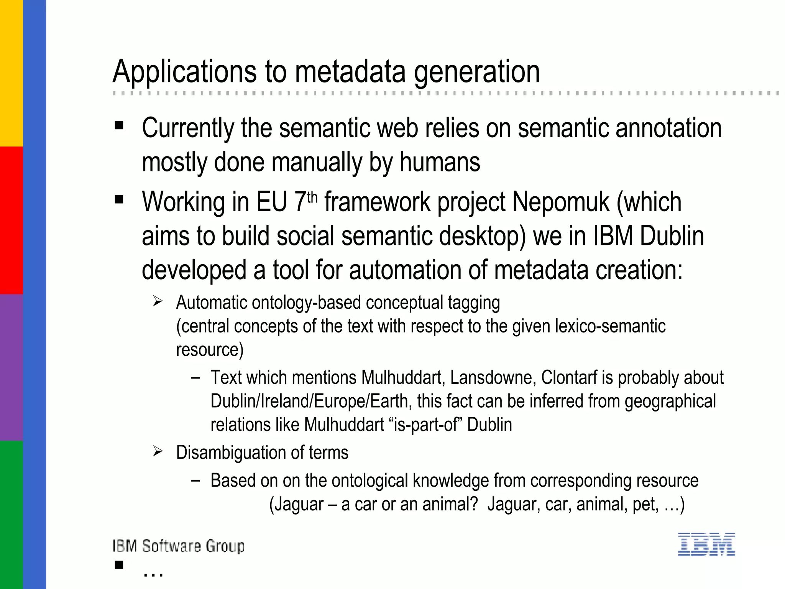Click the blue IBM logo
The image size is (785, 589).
(706, 544)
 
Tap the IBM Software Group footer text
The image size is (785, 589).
(178, 546)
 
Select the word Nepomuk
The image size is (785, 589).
(560, 202)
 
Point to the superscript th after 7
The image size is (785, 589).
(312, 197)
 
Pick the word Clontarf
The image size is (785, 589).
(569, 378)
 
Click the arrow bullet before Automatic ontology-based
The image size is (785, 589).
(158, 301)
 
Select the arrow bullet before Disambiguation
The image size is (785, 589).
(158, 451)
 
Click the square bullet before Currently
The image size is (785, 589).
(119, 125)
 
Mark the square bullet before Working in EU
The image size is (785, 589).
(119, 199)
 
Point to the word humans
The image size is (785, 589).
(440, 162)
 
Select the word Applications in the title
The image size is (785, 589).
(184, 72)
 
